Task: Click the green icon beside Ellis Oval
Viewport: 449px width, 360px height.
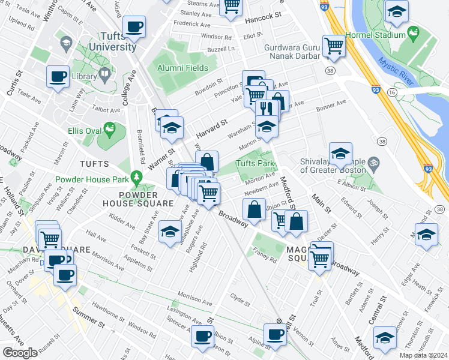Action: point(109,128)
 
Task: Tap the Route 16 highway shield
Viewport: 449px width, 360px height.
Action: point(391,93)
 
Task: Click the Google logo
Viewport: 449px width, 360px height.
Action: point(20,352)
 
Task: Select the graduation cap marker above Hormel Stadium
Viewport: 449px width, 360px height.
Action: point(396,12)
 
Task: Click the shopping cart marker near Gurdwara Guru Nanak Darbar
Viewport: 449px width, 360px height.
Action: point(333,46)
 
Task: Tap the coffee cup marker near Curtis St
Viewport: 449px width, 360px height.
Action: point(58,76)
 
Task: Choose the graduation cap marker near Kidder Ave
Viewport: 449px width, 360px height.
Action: point(170,231)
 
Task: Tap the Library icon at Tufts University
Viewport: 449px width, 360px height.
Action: point(105,74)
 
